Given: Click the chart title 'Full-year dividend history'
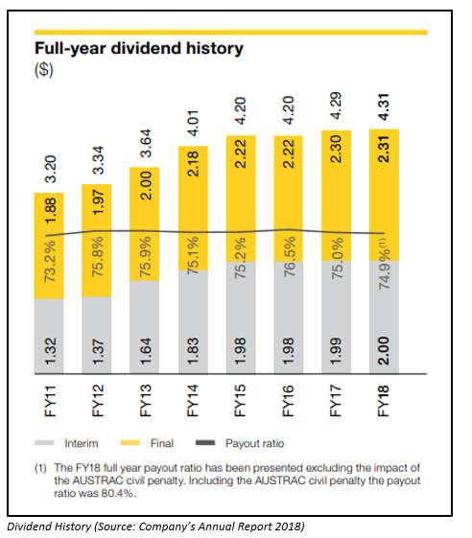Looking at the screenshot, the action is pos(139,49).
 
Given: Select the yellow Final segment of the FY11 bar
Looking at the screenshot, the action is pos(49,246).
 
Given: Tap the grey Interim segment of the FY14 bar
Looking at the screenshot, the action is pos(193,322).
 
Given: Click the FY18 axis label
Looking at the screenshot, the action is pos(383,401).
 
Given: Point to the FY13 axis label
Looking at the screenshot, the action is pos(145,401).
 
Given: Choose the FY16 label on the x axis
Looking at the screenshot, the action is pos(288,401).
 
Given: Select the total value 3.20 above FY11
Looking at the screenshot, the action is pos(51,169).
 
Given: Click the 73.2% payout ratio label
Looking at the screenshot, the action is pos(51,262).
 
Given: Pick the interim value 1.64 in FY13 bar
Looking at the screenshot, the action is pos(145,351).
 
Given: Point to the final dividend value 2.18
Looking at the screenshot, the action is pos(193,163).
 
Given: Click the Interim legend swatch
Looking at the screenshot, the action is pos(44,443).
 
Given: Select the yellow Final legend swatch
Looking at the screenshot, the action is pos(130,443).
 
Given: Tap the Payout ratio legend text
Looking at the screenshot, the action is pos(255,443).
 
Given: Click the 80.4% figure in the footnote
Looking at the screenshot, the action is pos(116,494).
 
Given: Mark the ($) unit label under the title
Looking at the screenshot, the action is pos(44,70).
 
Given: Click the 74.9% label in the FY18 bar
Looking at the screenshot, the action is pos(384,264).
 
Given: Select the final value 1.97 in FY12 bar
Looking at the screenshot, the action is pos(98,202).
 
